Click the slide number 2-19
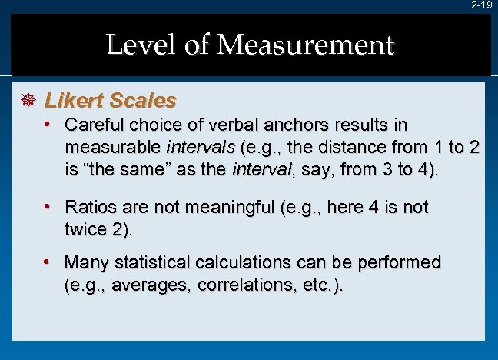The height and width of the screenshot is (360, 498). (481, 5)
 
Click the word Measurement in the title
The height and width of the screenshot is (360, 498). (305, 45)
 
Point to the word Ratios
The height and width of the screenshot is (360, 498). (91, 207)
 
